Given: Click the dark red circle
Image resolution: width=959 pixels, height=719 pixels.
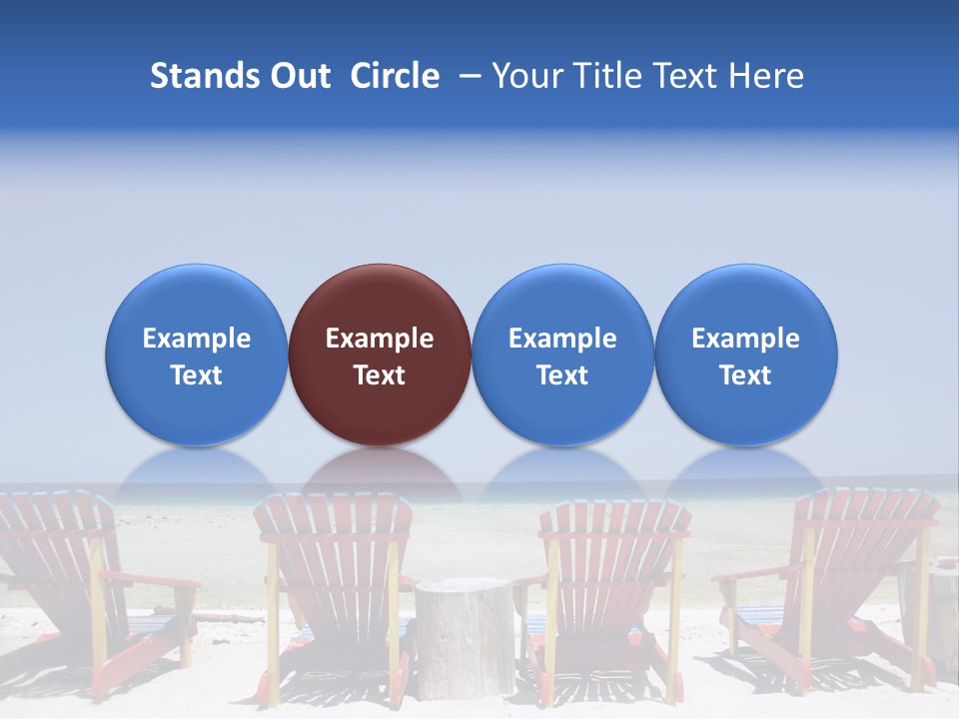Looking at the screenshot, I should pyautogui.click(x=380, y=355).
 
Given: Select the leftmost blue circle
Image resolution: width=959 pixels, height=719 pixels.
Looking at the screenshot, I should pyautogui.click(x=197, y=355).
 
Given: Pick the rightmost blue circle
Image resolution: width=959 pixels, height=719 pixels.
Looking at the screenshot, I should pyautogui.click(x=745, y=355).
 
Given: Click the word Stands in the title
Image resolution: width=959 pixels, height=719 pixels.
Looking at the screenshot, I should pyautogui.click(x=205, y=76).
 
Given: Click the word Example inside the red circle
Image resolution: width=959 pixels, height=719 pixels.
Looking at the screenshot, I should pyautogui.click(x=380, y=339).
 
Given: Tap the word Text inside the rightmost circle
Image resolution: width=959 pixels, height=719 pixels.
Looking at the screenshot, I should pyautogui.click(x=745, y=375).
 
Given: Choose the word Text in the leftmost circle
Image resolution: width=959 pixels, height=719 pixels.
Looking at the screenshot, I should pyautogui.click(x=197, y=375).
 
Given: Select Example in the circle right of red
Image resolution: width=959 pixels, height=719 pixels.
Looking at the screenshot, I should pyautogui.click(x=562, y=339).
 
